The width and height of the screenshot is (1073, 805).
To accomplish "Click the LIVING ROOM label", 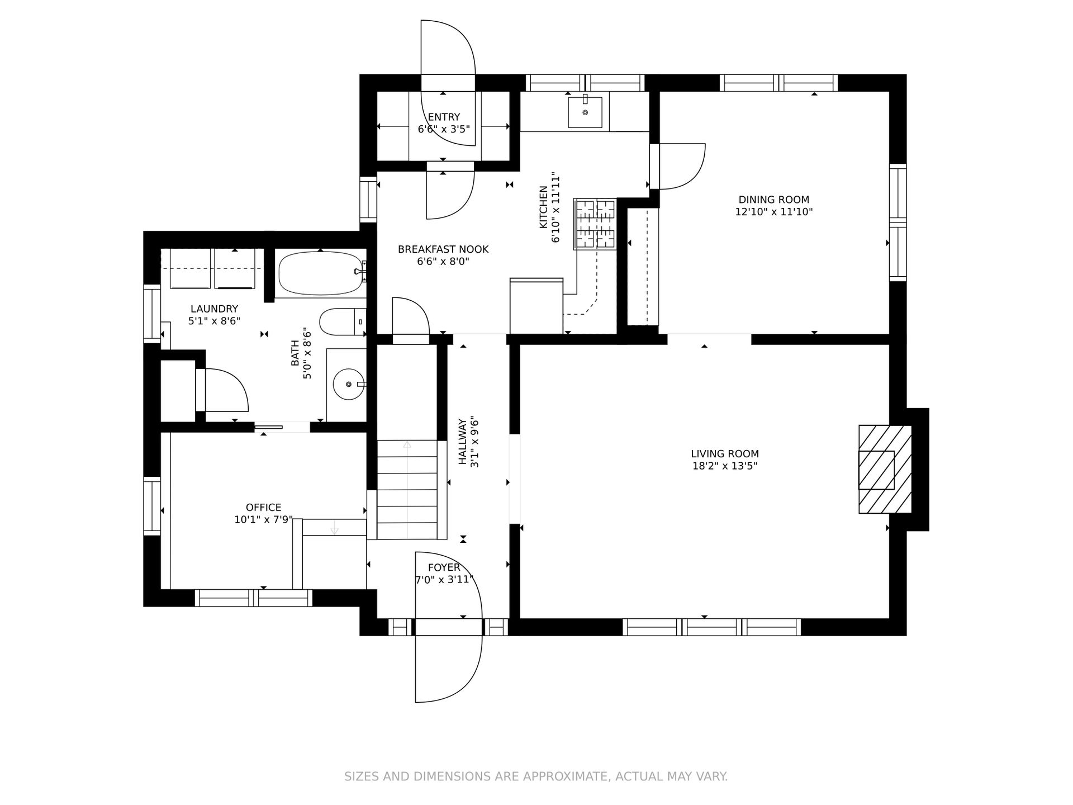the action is (x=725, y=454).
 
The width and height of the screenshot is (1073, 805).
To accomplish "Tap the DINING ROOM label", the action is (x=774, y=200).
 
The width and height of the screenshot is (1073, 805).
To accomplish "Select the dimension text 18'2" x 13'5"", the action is (x=725, y=466).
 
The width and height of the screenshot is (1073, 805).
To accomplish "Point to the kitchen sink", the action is (x=585, y=112).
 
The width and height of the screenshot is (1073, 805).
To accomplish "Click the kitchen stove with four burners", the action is (x=595, y=224).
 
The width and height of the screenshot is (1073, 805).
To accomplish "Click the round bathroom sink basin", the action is (x=348, y=384).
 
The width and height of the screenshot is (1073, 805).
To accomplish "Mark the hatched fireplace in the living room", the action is (x=885, y=469).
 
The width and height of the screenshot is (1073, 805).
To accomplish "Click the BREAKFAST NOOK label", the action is (x=443, y=249).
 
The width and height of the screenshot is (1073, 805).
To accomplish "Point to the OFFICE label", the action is (x=264, y=508).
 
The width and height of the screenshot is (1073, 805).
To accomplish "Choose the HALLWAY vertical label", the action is (x=463, y=442).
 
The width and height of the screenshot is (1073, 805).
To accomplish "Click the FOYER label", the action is (x=444, y=568).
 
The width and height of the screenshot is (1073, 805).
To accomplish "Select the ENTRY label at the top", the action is (x=444, y=117).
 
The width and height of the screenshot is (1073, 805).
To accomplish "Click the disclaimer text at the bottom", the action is (x=536, y=776).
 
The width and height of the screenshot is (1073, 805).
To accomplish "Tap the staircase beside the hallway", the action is (x=407, y=490).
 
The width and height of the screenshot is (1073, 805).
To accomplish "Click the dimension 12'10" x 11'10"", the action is (x=774, y=212).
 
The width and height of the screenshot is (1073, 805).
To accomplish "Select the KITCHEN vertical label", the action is (x=543, y=207).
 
